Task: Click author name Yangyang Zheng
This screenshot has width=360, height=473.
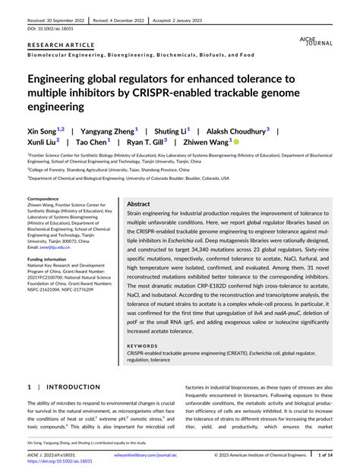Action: tap(109, 131)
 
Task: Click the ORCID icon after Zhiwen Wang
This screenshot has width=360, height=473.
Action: tap(236, 142)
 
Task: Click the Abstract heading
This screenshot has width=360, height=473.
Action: tap(138, 205)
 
